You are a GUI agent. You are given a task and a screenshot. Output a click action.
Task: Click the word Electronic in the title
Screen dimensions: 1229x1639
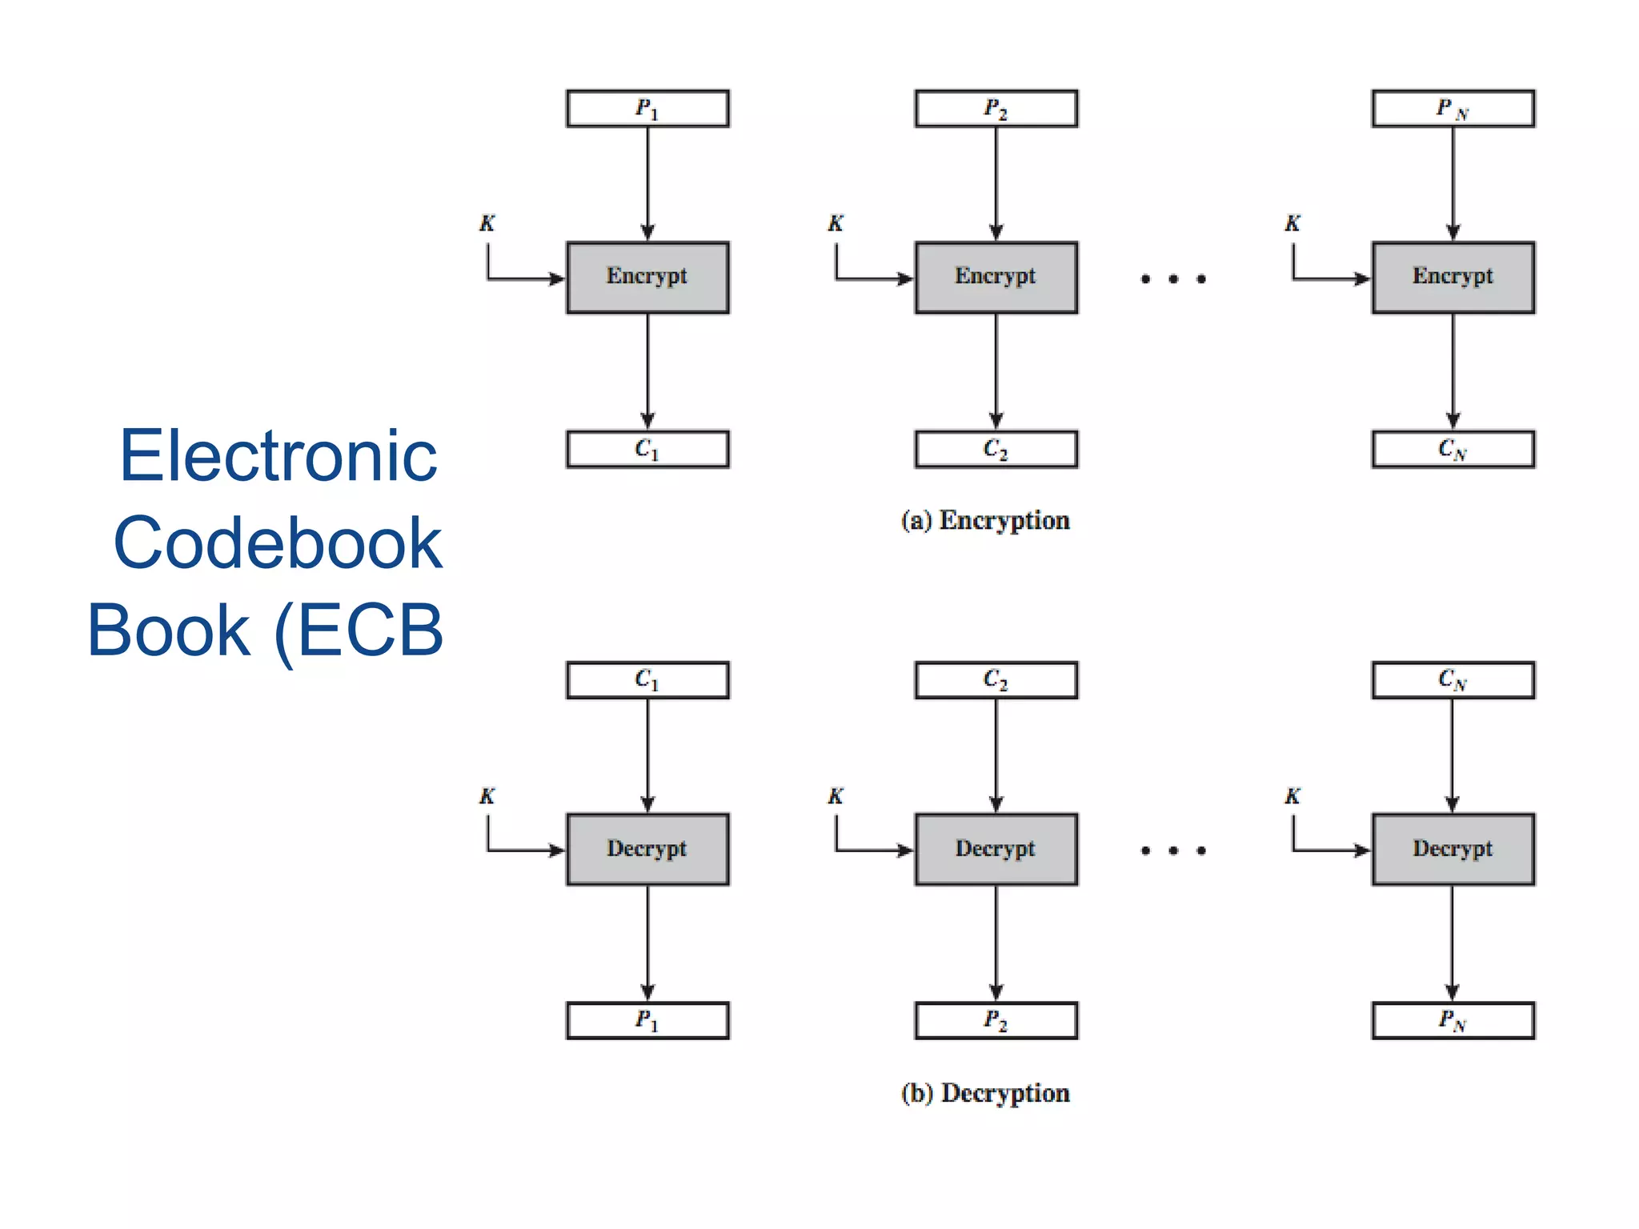[x=279, y=456]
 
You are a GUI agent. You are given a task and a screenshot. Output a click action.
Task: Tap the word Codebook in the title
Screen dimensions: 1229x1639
[x=278, y=544]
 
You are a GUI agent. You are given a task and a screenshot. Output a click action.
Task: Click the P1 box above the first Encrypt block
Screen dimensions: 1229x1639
[x=647, y=109]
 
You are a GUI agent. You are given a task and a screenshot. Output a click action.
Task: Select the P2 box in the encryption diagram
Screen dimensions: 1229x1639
[x=996, y=109]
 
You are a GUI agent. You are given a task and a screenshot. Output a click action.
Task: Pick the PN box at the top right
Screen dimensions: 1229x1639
[x=1453, y=109]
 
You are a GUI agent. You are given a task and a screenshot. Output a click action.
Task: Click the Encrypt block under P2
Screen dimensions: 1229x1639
[x=996, y=277]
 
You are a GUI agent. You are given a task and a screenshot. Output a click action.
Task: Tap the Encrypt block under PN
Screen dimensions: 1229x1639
[x=1453, y=277]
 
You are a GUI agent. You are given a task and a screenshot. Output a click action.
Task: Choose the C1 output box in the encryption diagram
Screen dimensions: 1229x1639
[x=647, y=449]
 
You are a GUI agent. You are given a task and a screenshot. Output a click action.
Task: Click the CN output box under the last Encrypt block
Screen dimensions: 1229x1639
[x=1453, y=449]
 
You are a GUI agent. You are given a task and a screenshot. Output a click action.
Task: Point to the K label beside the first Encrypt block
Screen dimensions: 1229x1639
[x=487, y=223]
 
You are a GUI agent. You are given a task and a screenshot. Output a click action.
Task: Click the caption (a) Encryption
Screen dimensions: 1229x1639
[x=985, y=520]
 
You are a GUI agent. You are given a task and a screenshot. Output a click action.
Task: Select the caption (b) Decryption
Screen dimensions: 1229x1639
[x=985, y=1093]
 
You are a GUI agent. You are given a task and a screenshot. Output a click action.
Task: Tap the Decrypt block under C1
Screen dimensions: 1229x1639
[x=647, y=849]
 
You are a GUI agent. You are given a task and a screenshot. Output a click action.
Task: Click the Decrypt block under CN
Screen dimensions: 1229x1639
[x=1453, y=849]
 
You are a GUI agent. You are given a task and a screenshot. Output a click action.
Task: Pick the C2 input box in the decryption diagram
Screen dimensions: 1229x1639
[x=996, y=680]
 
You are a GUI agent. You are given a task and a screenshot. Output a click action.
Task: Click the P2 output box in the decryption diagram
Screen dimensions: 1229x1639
[x=996, y=1020]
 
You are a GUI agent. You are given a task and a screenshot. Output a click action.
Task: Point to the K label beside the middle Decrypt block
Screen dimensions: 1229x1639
[x=836, y=796]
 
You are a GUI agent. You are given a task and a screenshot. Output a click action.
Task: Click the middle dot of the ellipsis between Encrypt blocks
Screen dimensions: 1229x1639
[x=1173, y=278]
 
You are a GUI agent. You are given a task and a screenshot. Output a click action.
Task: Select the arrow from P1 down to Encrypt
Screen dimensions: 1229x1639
[x=647, y=184]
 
